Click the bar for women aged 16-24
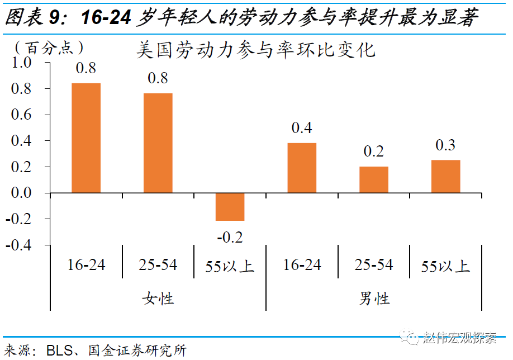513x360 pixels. click(86, 138)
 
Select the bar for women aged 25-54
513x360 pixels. click(158, 143)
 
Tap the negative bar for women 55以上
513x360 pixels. click(230, 207)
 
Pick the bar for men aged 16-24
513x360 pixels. click(302, 168)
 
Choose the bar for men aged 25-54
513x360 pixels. click(373, 180)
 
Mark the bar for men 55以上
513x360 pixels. click(445, 177)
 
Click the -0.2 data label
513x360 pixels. click(230, 237)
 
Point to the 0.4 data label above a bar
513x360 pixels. click(302, 128)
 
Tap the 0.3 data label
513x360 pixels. click(445, 145)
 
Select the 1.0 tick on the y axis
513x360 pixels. click(23, 63)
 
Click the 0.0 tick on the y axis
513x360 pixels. click(23, 193)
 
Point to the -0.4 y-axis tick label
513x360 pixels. click(20, 245)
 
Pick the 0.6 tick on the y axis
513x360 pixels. click(23, 115)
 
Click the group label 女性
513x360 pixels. click(158, 298)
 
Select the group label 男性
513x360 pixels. click(374, 298)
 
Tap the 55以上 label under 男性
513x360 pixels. click(445, 266)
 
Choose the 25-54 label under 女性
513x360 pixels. click(158, 264)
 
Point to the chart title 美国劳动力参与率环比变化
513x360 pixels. click(256, 50)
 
